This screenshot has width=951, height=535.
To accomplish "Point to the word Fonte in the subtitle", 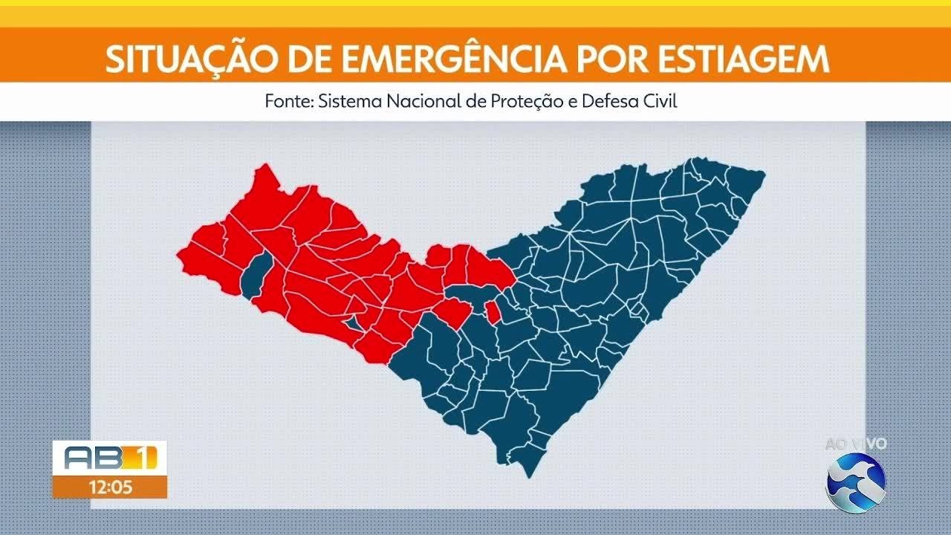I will point(288,101).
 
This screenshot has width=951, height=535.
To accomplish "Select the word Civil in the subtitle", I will point(659,101).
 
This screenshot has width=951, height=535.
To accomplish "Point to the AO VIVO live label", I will point(856,444).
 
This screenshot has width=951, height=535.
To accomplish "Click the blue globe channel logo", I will point(856,482).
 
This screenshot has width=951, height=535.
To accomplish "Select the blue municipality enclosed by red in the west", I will point(255,273).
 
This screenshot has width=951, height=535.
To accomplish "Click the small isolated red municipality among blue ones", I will point(492,312).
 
